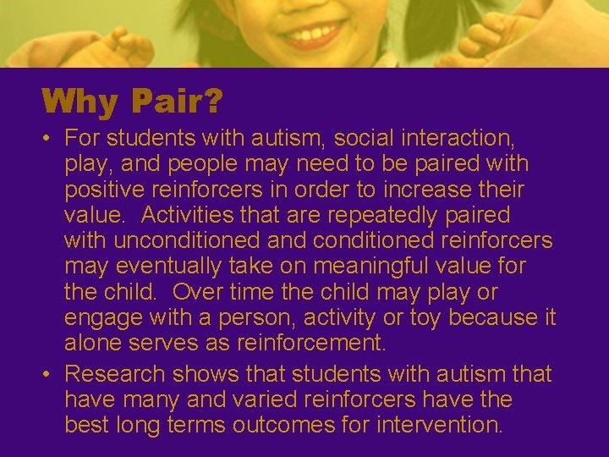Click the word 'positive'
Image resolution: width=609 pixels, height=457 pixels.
pos(106,189)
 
